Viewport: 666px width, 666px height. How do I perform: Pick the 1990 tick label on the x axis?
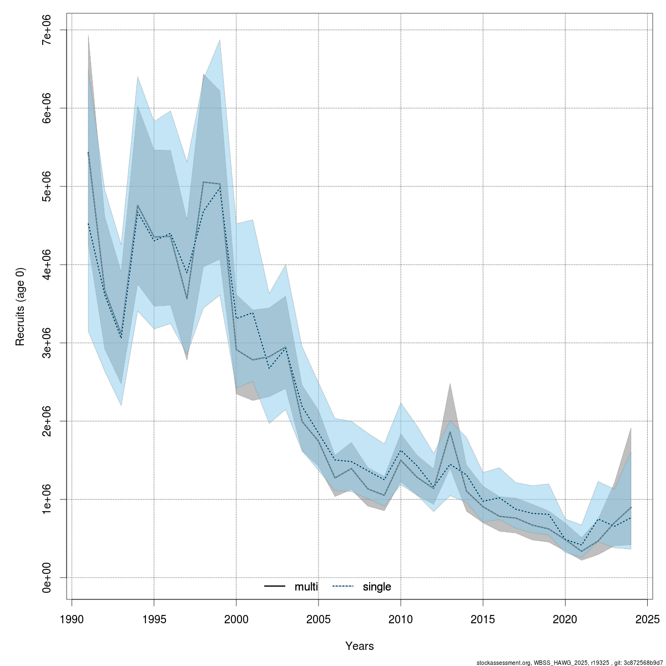pyautogui.click(x=72, y=618)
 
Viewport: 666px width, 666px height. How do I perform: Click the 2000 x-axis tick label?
pyautogui.click(x=236, y=618)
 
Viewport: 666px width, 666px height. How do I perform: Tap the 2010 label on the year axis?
pyautogui.click(x=401, y=618)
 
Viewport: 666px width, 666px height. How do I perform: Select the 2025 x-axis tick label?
pyautogui.click(x=648, y=618)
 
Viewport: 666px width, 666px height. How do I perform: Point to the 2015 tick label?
pyautogui.click(x=483, y=618)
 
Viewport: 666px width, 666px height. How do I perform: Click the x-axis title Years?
pyautogui.click(x=360, y=646)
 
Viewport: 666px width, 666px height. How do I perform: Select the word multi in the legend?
pyautogui.click(x=306, y=587)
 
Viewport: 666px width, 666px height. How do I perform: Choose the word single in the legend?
pyautogui.click(x=377, y=587)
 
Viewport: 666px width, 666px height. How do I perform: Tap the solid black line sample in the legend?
pyautogui.click(x=275, y=587)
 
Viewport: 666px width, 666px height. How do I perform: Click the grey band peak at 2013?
pyautogui.click(x=450, y=384)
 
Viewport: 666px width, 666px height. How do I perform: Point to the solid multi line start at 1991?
pyautogui.click(x=88, y=152)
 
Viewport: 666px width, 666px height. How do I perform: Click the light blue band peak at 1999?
pyautogui.click(x=220, y=40)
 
